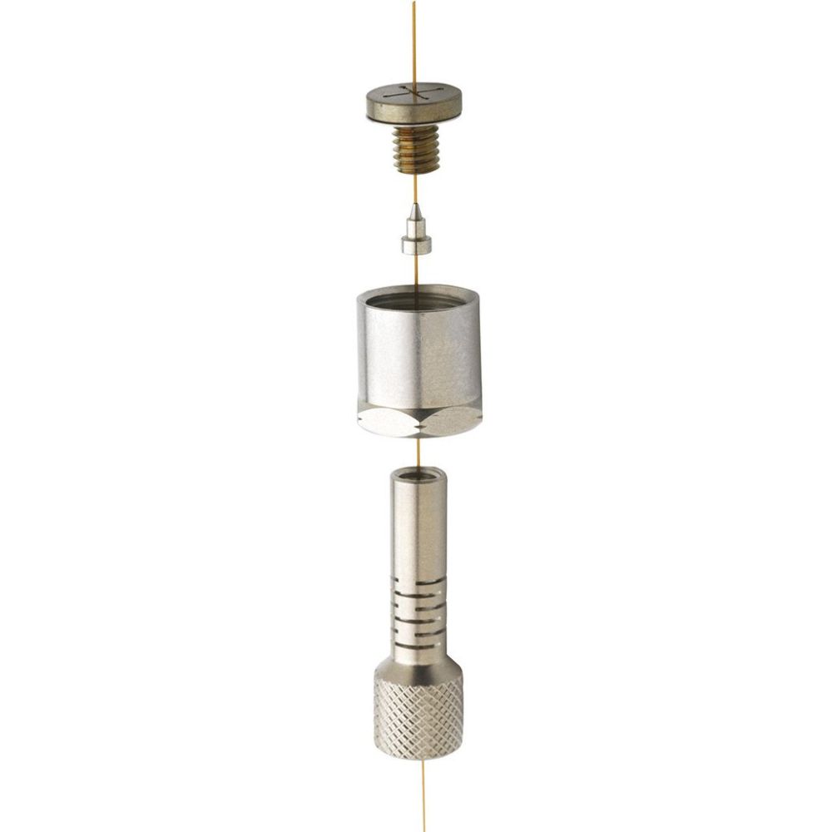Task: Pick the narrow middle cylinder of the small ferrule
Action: click(x=415, y=226)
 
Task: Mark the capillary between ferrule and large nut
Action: click(x=416, y=268)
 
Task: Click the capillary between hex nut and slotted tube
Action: click(x=418, y=451)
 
